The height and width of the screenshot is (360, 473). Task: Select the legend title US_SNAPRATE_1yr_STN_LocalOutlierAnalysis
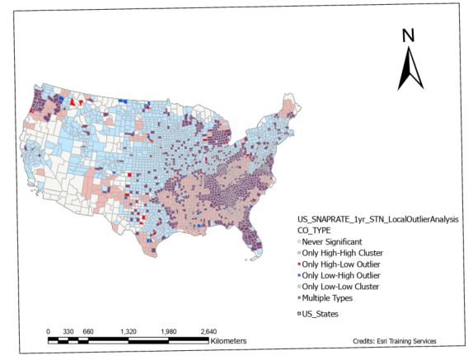(377, 219)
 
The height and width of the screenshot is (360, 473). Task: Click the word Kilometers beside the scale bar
(228, 340)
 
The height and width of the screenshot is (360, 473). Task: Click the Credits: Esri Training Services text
(394, 340)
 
